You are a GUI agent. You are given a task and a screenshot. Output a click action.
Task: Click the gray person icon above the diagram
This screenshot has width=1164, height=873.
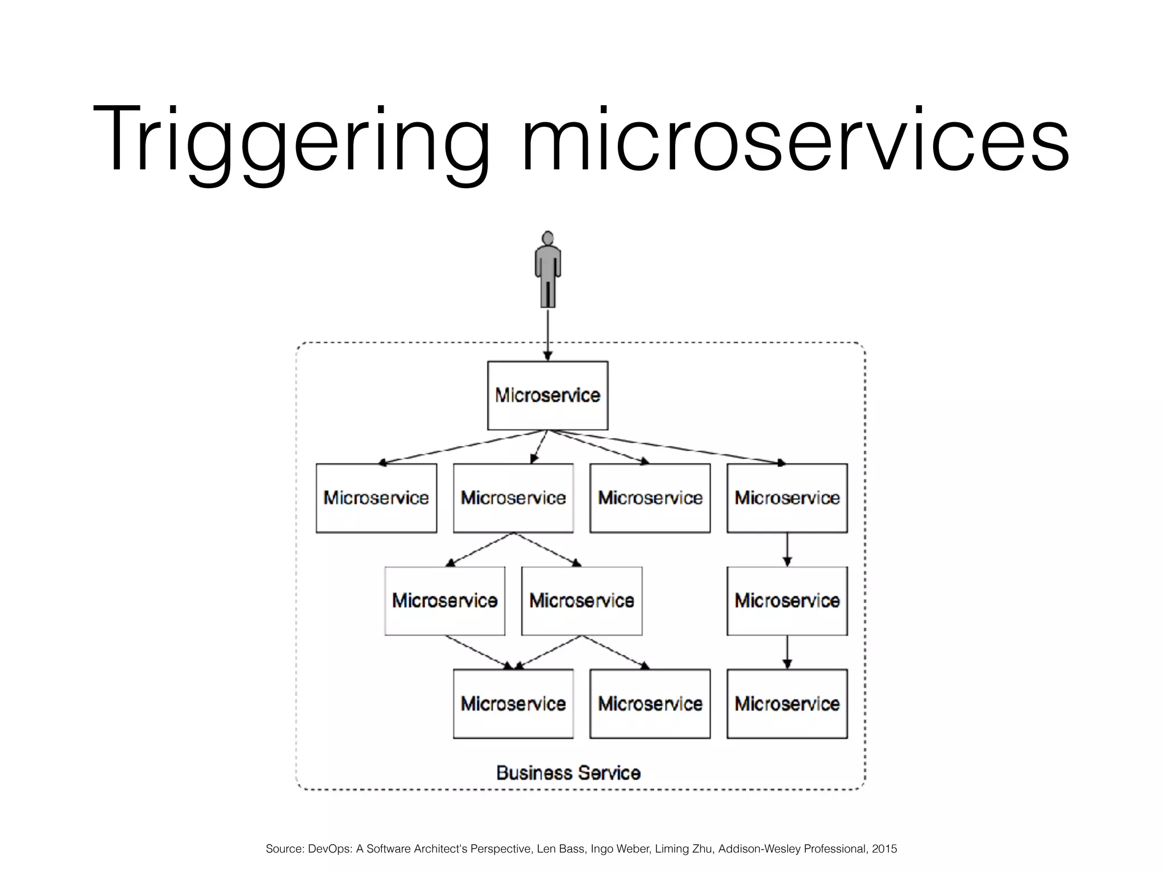click(x=548, y=270)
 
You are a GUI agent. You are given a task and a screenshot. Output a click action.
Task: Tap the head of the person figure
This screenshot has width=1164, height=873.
click(x=548, y=238)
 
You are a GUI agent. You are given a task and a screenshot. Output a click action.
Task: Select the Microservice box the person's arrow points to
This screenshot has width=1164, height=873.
click(x=547, y=396)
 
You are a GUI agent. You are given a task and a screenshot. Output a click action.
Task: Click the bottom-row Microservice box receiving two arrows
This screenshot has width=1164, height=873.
click(x=513, y=704)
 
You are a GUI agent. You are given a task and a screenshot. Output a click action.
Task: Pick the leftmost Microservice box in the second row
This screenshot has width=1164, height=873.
click(x=376, y=498)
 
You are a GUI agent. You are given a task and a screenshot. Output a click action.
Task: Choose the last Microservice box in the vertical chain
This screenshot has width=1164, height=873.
click(x=787, y=704)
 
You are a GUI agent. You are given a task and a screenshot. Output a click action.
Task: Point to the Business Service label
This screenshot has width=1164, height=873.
click(x=568, y=773)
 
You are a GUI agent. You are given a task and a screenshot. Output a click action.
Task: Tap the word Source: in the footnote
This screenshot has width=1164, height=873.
click(x=284, y=849)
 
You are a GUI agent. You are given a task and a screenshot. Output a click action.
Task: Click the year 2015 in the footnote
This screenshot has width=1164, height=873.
click(x=884, y=849)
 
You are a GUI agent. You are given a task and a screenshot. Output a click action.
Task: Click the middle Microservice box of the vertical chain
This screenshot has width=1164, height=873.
click(x=787, y=601)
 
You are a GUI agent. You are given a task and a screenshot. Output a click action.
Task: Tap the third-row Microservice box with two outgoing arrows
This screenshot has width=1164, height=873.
click(x=581, y=601)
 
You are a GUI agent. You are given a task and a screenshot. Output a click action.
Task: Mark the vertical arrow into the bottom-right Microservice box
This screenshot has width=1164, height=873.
click(x=787, y=652)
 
